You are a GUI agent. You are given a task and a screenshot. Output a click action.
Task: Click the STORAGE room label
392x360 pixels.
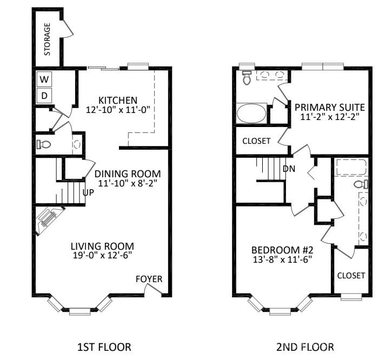click(48, 39)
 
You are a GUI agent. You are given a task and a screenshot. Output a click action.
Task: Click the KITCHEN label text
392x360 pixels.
click(117, 101)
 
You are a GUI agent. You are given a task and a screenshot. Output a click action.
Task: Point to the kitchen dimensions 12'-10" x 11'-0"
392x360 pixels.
click(117, 110)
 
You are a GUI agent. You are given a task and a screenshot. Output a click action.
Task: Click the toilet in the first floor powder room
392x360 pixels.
click(44, 144)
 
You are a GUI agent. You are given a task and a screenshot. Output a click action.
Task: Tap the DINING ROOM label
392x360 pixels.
click(128, 174)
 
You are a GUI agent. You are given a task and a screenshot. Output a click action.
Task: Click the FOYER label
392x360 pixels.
click(149, 279)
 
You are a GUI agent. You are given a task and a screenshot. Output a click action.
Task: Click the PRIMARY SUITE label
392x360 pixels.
click(329, 106)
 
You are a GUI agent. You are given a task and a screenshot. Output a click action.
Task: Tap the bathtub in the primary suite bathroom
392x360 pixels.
click(251, 115)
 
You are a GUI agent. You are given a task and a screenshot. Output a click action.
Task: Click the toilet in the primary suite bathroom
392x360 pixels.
click(247, 78)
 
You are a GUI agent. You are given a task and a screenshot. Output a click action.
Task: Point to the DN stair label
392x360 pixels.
click(289, 169)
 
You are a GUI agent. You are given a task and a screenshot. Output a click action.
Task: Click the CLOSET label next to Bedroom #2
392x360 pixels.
click(351, 275)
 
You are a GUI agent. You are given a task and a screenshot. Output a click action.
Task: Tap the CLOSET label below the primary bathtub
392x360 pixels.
click(256, 141)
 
